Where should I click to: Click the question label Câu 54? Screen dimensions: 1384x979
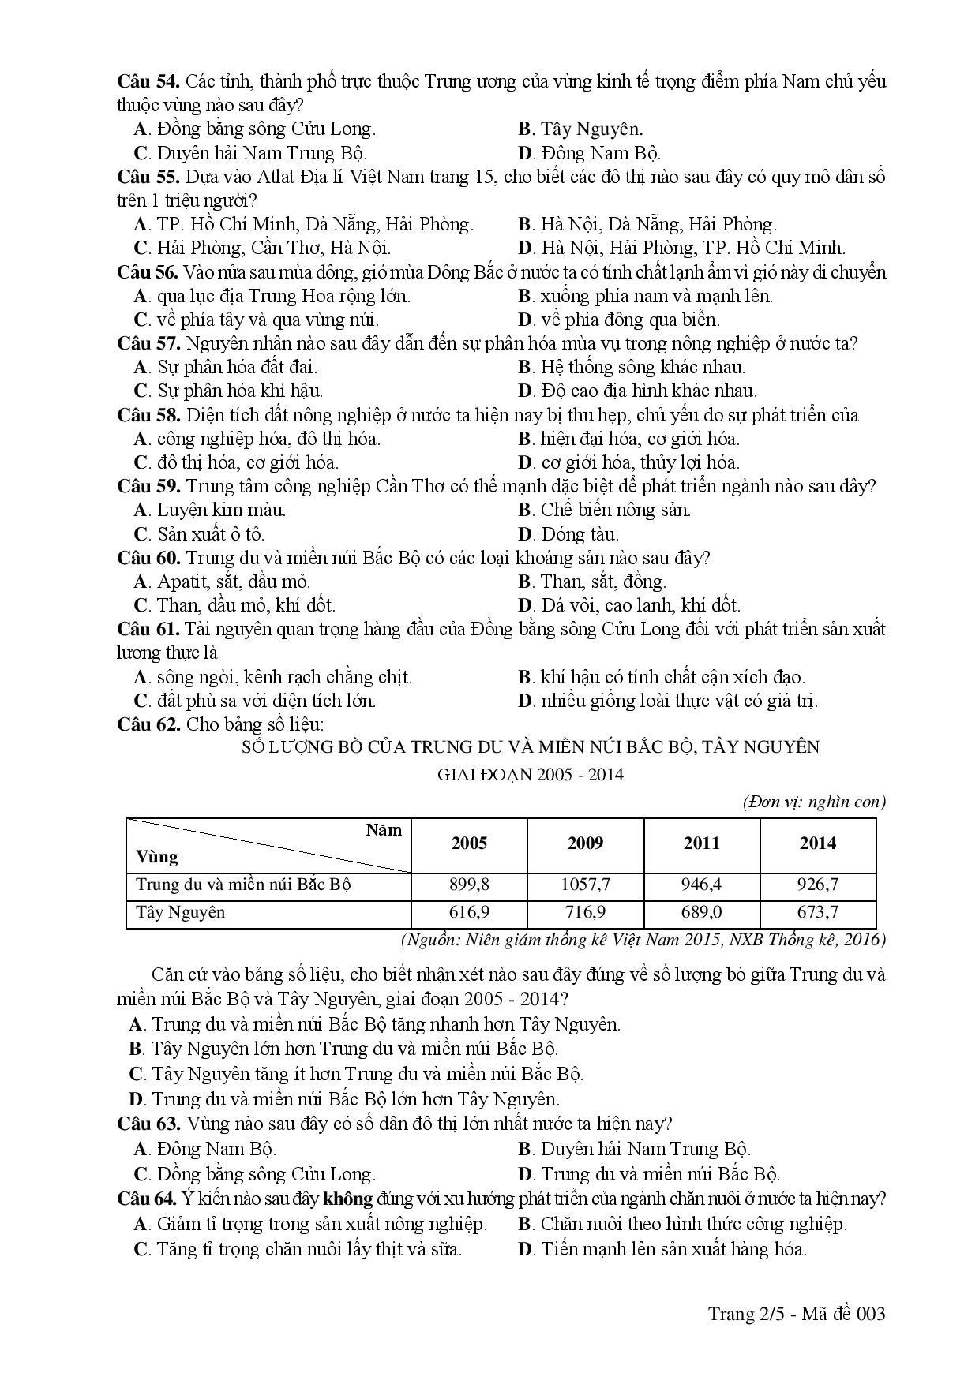tap(148, 81)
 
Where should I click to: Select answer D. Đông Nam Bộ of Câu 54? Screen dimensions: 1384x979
tap(589, 153)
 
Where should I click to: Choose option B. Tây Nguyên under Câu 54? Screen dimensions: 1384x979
tap(580, 129)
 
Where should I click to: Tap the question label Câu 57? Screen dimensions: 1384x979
tap(148, 343)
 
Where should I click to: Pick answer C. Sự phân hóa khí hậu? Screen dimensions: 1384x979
tap(229, 391)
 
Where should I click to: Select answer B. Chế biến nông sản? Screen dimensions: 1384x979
tap(604, 510)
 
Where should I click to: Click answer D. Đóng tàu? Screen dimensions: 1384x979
tap(568, 534)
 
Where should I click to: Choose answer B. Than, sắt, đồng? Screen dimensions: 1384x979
tap(592, 582)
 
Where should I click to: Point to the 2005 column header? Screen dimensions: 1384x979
tap(469, 843)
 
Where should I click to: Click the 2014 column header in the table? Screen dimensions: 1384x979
tap(818, 843)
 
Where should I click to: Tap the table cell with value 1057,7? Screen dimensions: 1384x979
tap(585, 885)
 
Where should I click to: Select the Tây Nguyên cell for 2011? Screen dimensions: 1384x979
tap(701, 912)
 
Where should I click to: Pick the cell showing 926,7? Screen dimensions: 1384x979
tap(818, 885)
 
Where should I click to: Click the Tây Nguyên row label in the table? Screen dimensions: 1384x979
tap(181, 912)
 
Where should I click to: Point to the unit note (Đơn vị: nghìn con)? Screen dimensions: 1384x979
tap(814, 802)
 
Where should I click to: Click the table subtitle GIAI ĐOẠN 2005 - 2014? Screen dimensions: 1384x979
tap(531, 774)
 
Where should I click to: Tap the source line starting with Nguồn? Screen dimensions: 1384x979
tap(643, 939)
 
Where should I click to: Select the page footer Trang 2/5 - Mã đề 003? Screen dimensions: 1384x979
tap(797, 1314)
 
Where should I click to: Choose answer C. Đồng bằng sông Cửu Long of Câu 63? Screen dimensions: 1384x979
tap(255, 1174)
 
